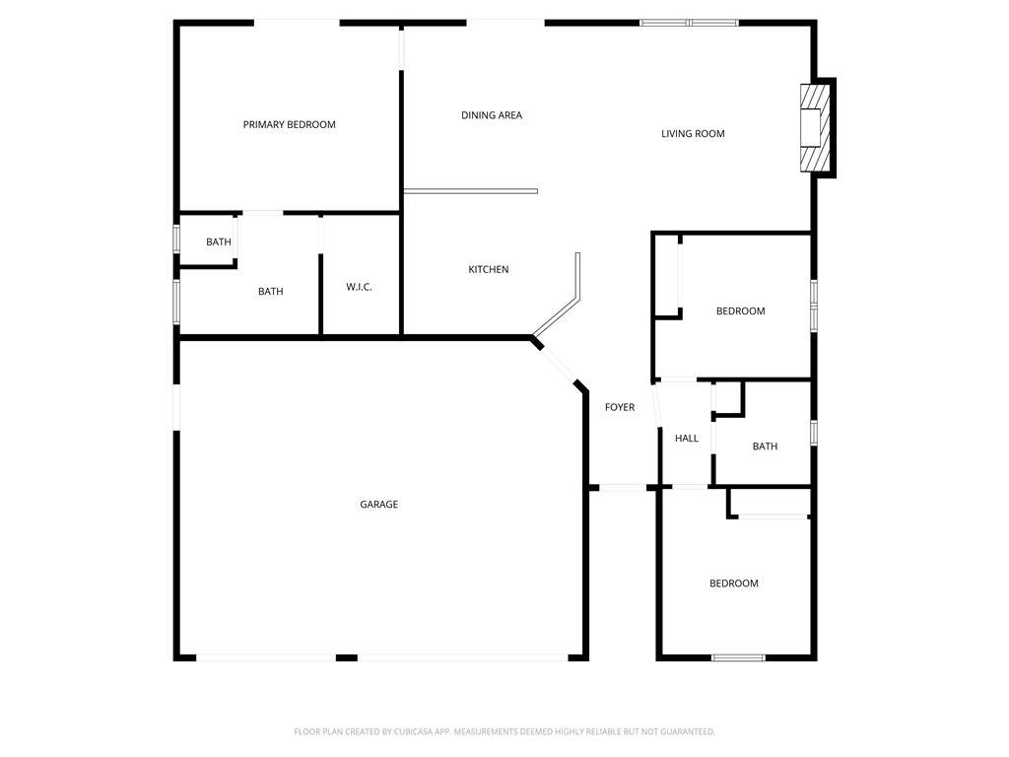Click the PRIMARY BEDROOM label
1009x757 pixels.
(x=289, y=124)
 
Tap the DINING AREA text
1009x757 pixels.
(x=492, y=115)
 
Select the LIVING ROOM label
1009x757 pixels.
(x=693, y=133)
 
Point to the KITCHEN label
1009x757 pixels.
(x=489, y=269)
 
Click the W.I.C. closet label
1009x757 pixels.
(x=359, y=287)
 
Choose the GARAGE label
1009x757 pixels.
(x=379, y=504)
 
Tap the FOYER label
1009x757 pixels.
(x=620, y=407)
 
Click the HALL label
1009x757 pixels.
(x=687, y=438)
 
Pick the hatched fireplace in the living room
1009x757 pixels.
(x=814, y=128)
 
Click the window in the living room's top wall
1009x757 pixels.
(x=689, y=24)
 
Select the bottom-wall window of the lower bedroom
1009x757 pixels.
(x=738, y=657)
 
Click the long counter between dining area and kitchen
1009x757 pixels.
(x=470, y=191)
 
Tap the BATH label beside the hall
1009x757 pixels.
(x=765, y=447)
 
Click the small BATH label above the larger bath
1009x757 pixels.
(x=218, y=242)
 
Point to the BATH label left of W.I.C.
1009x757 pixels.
(x=270, y=292)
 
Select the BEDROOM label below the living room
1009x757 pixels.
(x=741, y=310)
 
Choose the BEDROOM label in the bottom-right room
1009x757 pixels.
(x=733, y=584)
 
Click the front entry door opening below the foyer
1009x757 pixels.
(x=623, y=487)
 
